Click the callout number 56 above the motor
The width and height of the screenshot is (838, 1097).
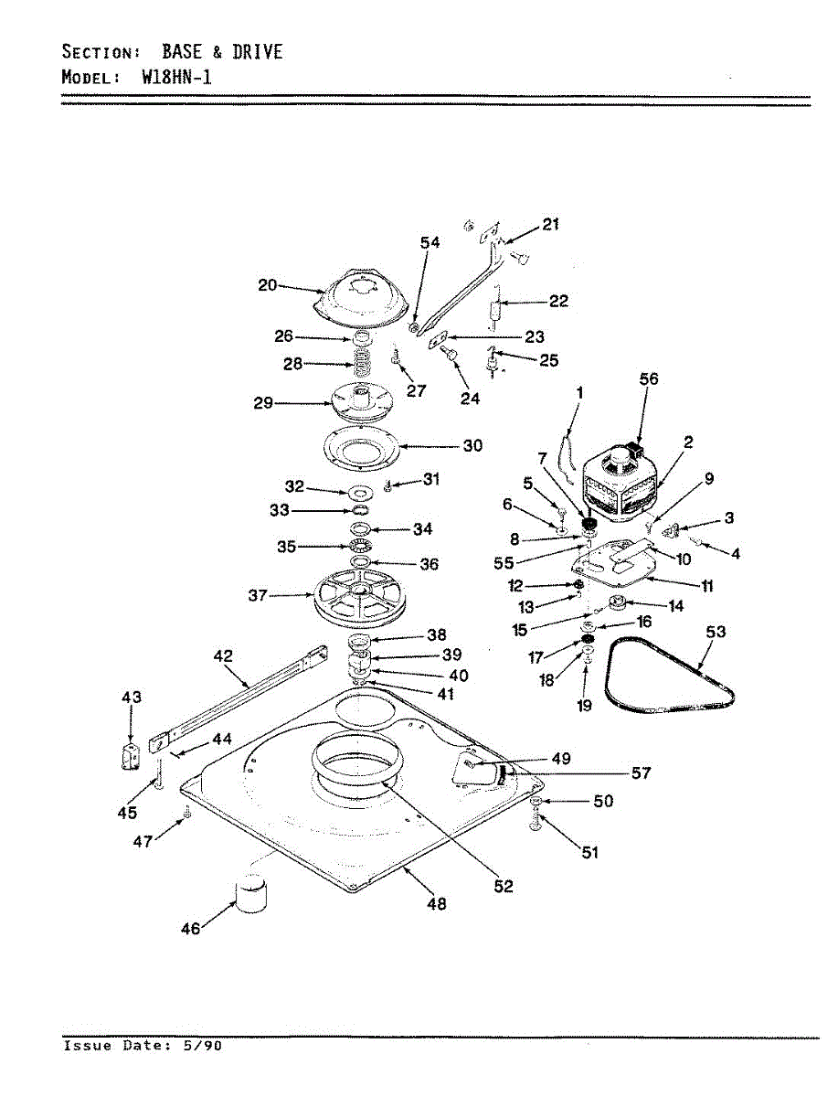pos(649,378)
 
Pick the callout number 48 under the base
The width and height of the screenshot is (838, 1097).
pos(437,904)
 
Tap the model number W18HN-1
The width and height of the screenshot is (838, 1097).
pos(176,77)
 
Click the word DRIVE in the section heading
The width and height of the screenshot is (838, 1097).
pos(257,51)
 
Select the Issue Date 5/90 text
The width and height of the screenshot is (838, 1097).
pos(142,1046)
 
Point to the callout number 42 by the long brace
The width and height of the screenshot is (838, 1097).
pos(223,656)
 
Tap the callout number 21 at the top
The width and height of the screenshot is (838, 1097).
pos(551,224)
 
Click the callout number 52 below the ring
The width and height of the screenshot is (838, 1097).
pos(504,886)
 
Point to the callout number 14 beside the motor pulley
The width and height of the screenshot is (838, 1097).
pos(675,605)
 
